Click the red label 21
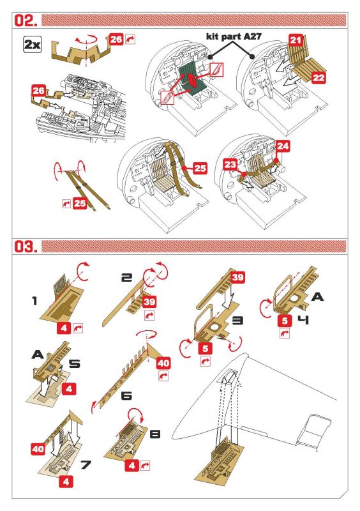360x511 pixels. coord(296,40)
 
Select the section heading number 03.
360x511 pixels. coord(26,246)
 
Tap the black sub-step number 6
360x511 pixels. coord(126,396)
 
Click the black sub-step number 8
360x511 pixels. coord(154,434)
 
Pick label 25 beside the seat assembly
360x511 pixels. coord(200,168)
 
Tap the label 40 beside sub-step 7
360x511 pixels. coord(38,450)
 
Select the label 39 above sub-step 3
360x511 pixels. coord(237,277)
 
